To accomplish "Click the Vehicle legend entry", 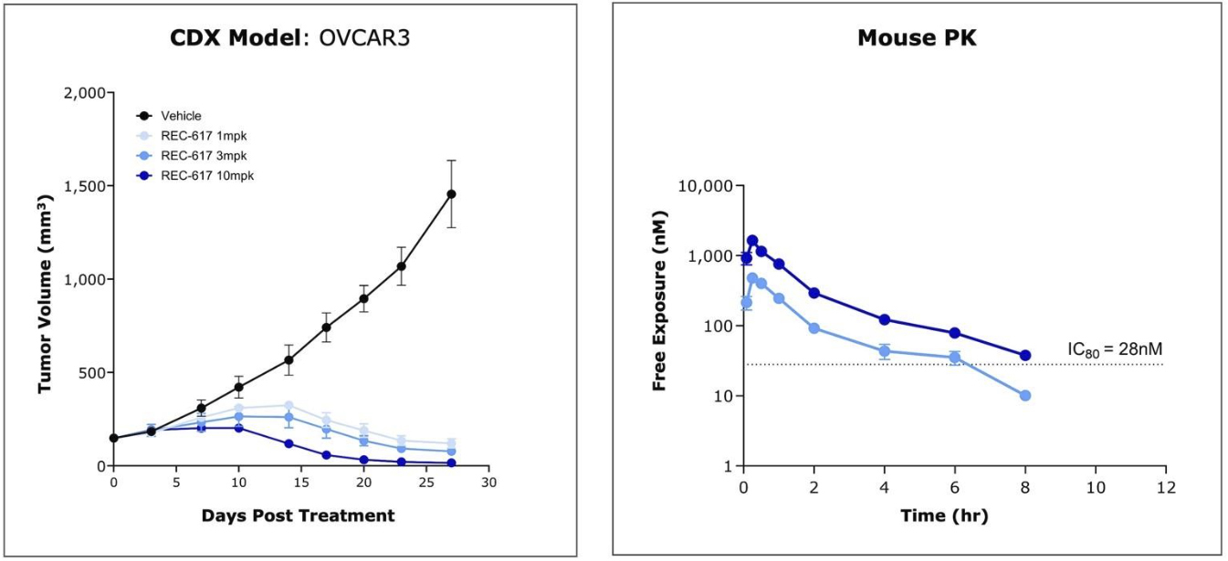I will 181,116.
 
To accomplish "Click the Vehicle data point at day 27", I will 451,194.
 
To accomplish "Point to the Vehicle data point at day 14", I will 289,359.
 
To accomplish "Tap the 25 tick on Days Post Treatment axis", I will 426,482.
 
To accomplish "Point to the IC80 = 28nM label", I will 1114,348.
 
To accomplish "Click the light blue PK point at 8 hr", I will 1024,395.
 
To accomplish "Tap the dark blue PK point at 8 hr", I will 1024,356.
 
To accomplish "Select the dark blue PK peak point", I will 752,241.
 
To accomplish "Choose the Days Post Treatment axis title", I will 298,516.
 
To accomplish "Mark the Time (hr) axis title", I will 953,516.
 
